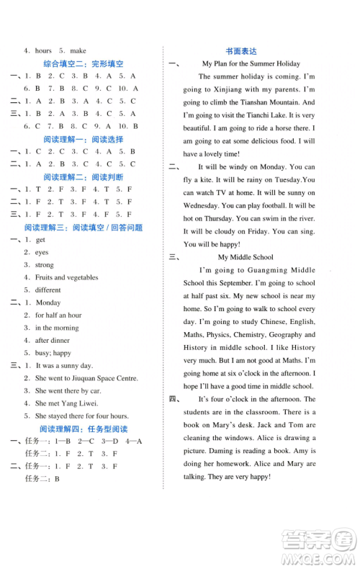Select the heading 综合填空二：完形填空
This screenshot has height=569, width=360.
[x=84, y=63]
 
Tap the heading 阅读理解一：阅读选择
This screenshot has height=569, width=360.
[x=84, y=139]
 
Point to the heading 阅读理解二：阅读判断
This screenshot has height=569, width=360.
[x=84, y=176]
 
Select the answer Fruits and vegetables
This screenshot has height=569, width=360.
[x=67, y=277]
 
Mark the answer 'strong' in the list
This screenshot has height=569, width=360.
[x=45, y=265]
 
